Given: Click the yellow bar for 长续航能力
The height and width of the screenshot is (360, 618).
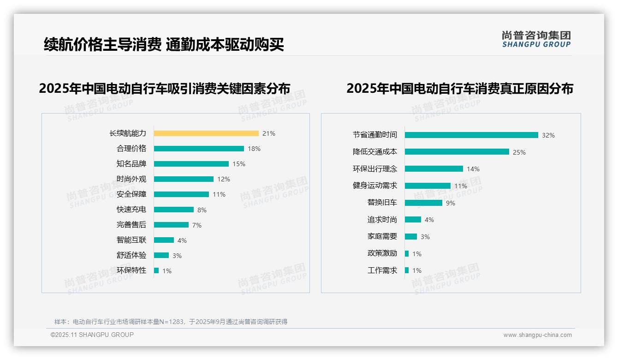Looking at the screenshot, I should (x=206, y=133).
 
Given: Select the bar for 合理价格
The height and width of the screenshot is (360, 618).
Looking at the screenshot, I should (x=199, y=149).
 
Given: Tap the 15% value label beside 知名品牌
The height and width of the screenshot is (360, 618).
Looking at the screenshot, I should (x=239, y=164).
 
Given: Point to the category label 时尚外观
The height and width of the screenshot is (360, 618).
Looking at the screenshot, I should (x=131, y=179).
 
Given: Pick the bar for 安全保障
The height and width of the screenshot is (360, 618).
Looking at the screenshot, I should (x=181, y=194).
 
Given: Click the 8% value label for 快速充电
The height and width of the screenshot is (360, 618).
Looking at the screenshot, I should (x=202, y=210).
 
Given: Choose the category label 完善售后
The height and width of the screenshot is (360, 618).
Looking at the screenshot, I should (x=131, y=225).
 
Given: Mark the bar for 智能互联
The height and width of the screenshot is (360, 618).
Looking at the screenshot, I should (x=164, y=240).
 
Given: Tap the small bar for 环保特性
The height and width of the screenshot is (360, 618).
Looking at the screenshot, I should (x=156, y=270).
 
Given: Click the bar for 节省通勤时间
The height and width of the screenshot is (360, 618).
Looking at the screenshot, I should (x=471, y=135).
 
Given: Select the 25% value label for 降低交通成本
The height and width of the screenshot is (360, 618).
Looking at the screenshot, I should (x=519, y=152).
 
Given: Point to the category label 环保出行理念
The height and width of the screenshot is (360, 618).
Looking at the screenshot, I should (x=374, y=169).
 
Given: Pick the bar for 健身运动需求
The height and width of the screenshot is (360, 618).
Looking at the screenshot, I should (x=428, y=186).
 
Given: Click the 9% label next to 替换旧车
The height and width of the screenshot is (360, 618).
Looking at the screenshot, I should (x=450, y=203).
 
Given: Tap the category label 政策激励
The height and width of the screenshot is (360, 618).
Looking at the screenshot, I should (x=382, y=253).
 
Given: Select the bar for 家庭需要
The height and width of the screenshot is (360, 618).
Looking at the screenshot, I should (x=411, y=236).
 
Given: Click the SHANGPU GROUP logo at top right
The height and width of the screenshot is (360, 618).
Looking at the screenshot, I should (x=536, y=39).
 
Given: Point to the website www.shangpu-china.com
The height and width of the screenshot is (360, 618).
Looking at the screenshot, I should (x=537, y=335).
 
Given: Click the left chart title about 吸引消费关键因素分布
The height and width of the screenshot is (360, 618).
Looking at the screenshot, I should (x=165, y=89).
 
